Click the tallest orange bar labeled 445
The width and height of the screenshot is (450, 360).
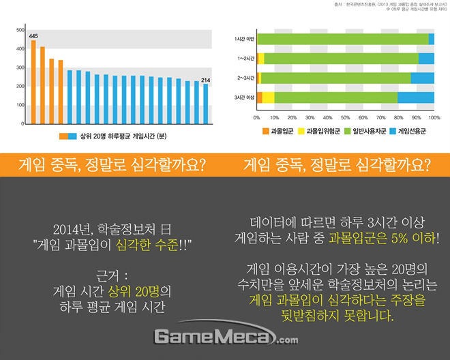[33, 82]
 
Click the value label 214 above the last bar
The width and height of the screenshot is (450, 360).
[205, 80]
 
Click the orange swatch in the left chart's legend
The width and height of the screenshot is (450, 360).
[67, 136]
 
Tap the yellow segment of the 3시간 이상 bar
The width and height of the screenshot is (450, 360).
[268, 97]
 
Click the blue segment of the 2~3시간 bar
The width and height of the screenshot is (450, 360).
[422, 78]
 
